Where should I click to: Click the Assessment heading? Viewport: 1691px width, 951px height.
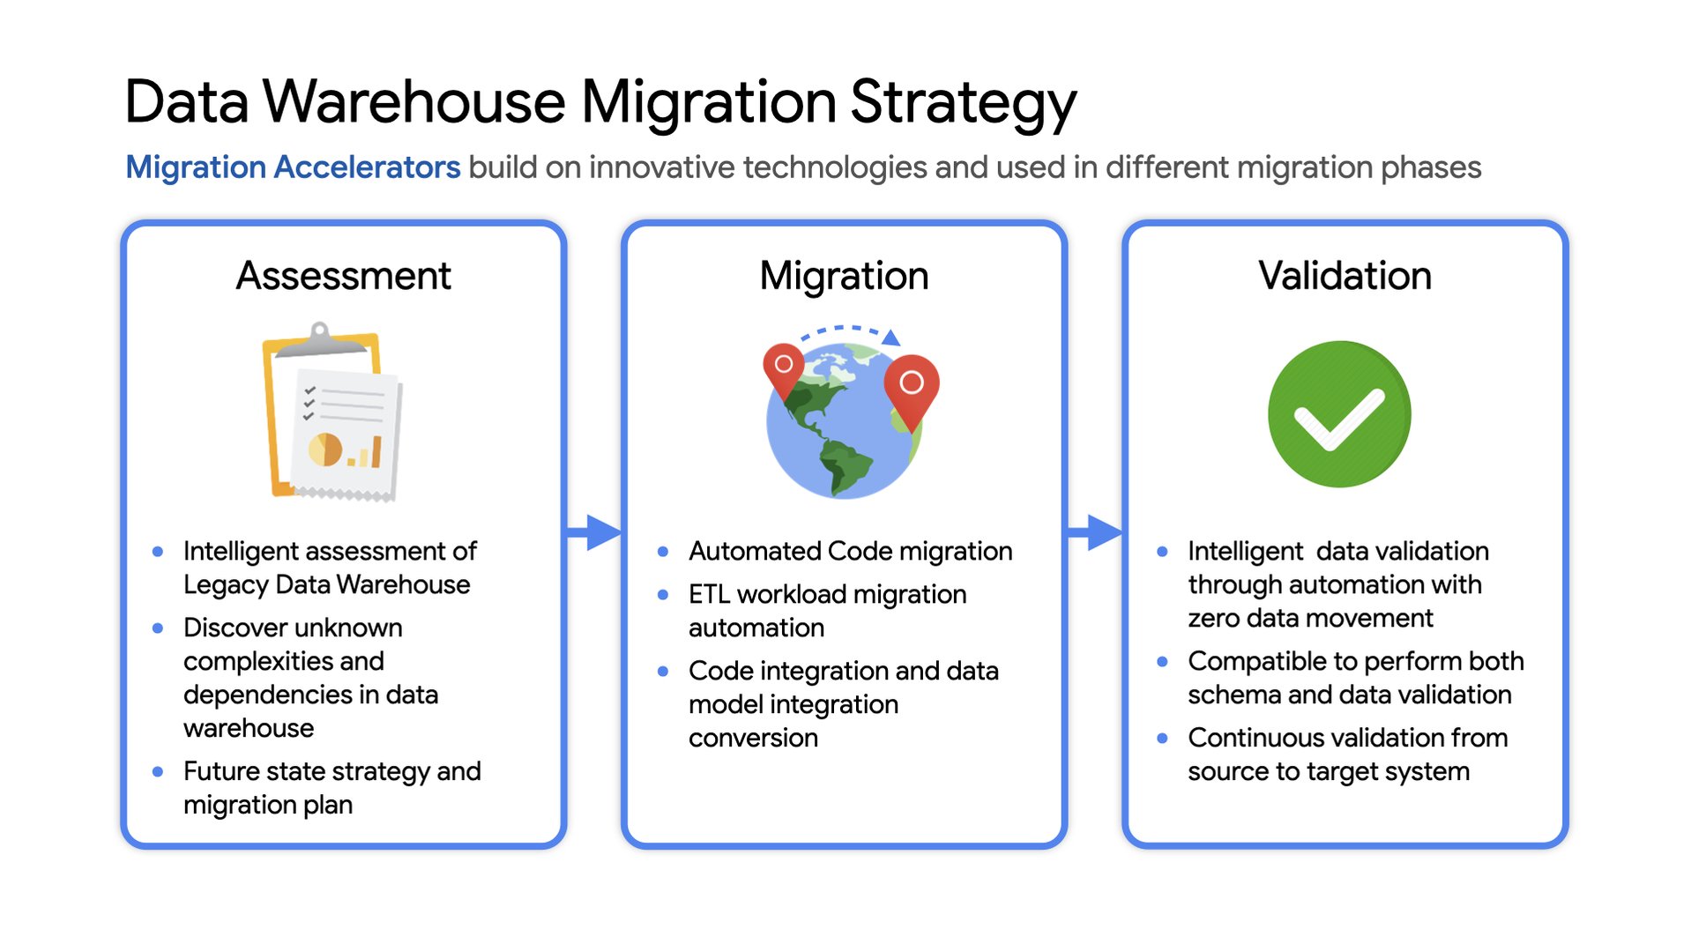pyautogui.click(x=343, y=276)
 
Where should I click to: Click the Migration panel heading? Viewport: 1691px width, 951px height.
pyautogui.click(x=844, y=276)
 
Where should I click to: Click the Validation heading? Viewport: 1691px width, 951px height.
pyautogui.click(x=1345, y=276)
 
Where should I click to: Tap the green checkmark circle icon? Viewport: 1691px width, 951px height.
pyautogui.click(x=1339, y=414)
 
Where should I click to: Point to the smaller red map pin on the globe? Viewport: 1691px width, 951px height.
pyautogui.click(x=783, y=367)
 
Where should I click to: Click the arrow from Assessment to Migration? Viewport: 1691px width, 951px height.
pyautogui.click(x=593, y=531)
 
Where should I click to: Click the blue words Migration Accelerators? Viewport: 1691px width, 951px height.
pyautogui.click(x=293, y=167)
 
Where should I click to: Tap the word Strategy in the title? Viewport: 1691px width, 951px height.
pyautogui.click(x=963, y=102)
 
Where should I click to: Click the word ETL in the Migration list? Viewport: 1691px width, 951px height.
pyautogui.click(x=709, y=595)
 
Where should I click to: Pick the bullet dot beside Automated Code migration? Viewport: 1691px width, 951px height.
pyautogui.click(x=663, y=552)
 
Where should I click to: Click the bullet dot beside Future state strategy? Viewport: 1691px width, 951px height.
pyautogui.click(x=158, y=772)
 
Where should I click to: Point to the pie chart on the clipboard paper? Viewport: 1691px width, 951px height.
pyautogui.click(x=324, y=449)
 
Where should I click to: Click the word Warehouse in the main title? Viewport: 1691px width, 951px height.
pyautogui.click(x=414, y=102)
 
